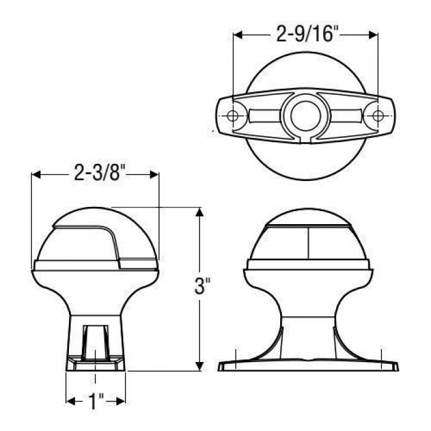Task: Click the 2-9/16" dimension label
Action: [x=306, y=34]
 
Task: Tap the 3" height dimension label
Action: [x=200, y=286]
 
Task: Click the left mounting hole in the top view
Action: [x=233, y=116]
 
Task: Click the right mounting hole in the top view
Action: [x=378, y=116]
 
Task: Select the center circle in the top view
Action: [x=305, y=116]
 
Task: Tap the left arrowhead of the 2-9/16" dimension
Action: [x=238, y=35]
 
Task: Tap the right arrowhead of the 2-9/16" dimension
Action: [x=374, y=35]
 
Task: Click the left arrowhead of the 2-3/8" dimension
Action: [x=36, y=175]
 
